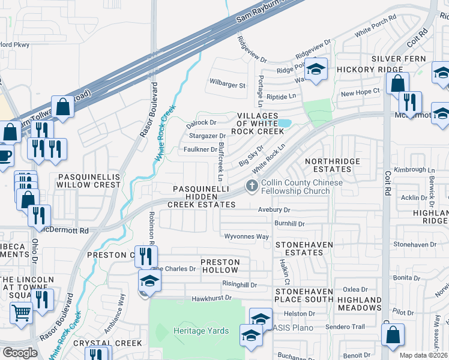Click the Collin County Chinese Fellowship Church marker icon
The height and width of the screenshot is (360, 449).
(252, 187)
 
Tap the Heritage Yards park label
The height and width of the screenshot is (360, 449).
(201, 331)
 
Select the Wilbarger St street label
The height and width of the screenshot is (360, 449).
(228, 85)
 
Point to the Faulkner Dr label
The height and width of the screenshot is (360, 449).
(200, 149)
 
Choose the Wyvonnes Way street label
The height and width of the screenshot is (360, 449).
(246, 236)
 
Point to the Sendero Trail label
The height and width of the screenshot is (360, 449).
(345, 327)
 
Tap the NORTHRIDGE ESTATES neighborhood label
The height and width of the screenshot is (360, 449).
(332, 166)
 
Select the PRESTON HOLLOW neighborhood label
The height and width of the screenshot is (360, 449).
(220, 266)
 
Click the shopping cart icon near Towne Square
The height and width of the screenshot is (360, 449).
(21, 313)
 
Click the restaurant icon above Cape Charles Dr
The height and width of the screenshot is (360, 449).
(145, 257)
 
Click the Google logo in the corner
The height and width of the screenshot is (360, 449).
(20, 353)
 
